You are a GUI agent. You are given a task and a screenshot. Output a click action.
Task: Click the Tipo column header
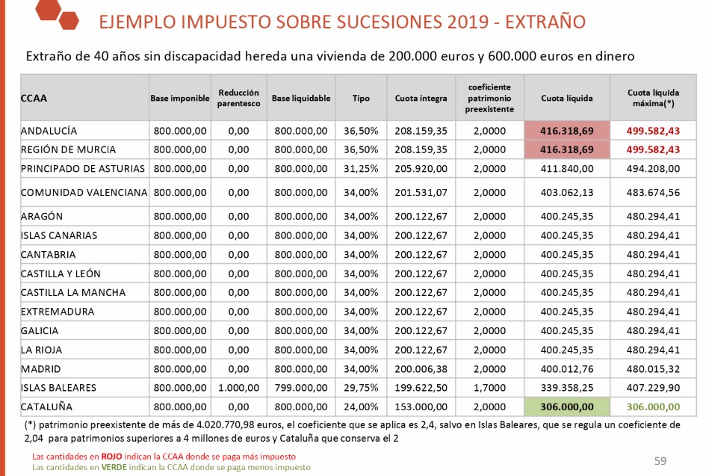[x=361, y=98]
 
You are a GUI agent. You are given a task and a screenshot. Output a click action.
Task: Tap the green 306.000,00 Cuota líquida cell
[x=567, y=407]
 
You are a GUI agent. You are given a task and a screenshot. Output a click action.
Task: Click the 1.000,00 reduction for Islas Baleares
[x=238, y=388]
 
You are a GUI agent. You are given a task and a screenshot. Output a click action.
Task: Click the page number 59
[x=660, y=461]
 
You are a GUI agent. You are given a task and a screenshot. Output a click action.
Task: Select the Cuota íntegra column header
[x=421, y=98]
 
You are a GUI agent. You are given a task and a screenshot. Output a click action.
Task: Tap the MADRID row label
[x=41, y=368]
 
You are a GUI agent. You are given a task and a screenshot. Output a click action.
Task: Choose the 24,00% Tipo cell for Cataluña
[x=361, y=407]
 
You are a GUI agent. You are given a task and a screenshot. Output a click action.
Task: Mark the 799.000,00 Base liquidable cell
[x=300, y=388]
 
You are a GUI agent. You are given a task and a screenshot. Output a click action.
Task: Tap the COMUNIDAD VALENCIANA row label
[x=84, y=192]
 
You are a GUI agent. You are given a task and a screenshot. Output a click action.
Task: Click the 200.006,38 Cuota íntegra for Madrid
[x=421, y=368]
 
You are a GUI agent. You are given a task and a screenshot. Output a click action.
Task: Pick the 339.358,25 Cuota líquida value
[x=567, y=388]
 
